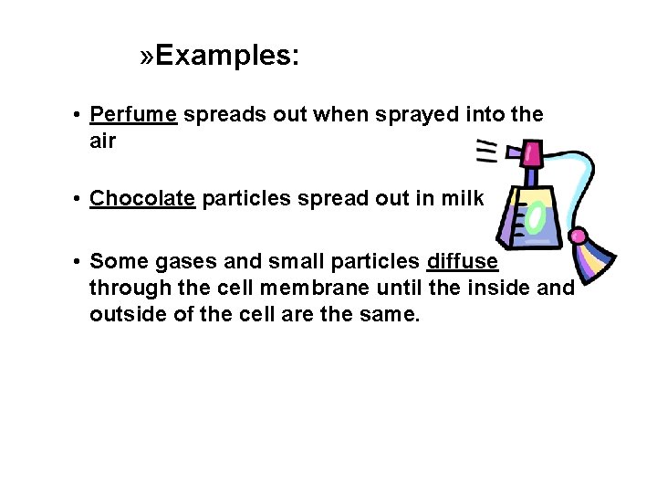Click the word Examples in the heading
coord(225,57)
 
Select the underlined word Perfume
coord(133,115)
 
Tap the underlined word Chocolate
coord(143,198)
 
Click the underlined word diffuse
coord(462,262)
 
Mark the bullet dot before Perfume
coord(80,116)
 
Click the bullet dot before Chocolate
coord(80,199)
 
